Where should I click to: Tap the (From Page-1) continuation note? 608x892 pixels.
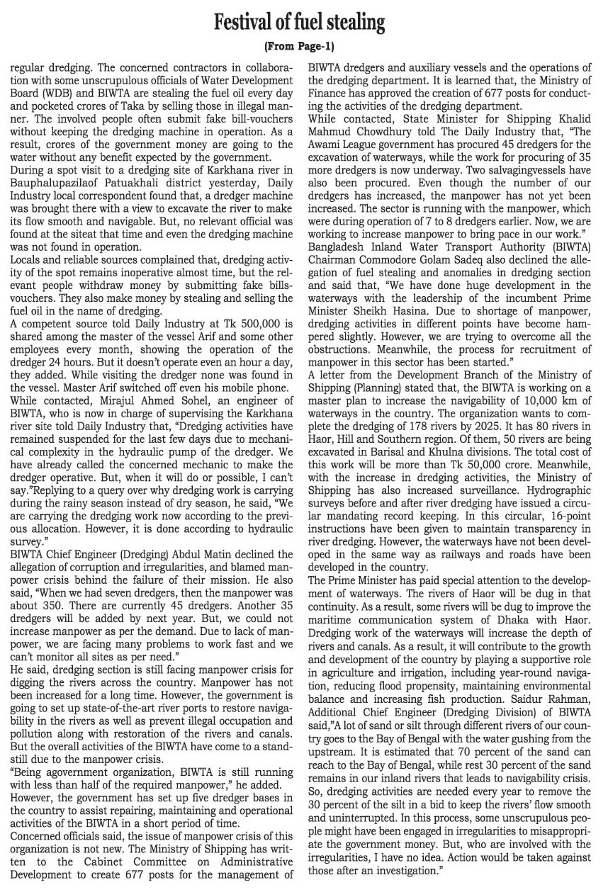[x=298, y=47]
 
